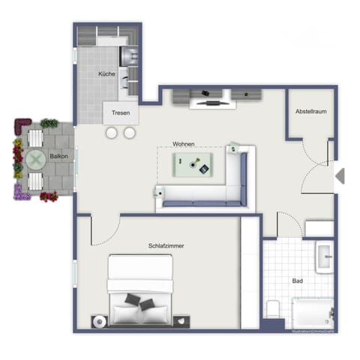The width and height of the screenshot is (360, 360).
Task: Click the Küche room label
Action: tap(106, 74)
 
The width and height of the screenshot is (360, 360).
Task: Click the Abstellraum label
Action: tap(310, 111)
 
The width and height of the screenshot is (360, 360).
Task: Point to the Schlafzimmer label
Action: tap(166, 245)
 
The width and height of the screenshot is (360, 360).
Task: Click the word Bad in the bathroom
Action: tap(297, 280)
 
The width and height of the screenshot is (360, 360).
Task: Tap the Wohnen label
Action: tap(184, 143)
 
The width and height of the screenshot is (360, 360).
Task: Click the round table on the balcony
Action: tap(35, 159)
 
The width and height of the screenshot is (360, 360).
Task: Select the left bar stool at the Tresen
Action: tap(112, 133)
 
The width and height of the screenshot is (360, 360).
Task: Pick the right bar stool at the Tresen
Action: tap(130, 133)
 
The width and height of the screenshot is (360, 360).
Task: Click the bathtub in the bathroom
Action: tap(310, 311)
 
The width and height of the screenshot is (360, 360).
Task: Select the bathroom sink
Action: tap(324, 256)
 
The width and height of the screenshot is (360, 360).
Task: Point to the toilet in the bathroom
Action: tap(273, 309)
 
